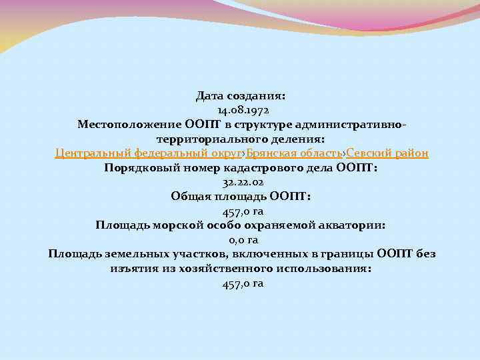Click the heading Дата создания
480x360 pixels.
(x=241, y=96)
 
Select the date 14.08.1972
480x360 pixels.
(x=241, y=110)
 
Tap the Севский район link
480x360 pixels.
(x=387, y=153)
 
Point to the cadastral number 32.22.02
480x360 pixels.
(x=241, y=182)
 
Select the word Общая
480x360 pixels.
(x=191, y=197)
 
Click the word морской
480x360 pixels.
(x=179, y=225)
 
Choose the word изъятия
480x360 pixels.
(x=132, y=269)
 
